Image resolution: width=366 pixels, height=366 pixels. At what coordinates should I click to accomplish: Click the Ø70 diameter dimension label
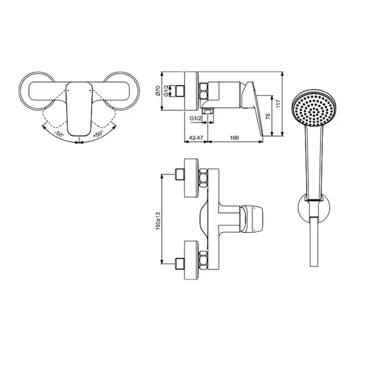click(158, 91)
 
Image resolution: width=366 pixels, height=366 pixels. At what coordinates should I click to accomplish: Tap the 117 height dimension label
click(278, 104)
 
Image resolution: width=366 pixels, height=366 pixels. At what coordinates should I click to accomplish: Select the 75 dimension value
click(268, 117)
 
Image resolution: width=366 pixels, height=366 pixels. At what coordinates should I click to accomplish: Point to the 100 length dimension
click(234, 138)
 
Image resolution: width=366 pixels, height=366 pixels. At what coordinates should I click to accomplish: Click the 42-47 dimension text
click(196, 138)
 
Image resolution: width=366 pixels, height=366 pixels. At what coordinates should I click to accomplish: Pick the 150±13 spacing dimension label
click(158, 221)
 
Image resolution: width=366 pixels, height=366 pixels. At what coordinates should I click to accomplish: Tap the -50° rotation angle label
click(59, 134)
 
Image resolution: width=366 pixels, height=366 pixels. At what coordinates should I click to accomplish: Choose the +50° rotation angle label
click(98, 134)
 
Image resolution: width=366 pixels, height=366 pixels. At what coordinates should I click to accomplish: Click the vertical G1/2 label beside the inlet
click(166, 91)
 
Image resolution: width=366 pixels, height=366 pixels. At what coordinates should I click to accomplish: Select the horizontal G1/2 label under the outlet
click(195, 118)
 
